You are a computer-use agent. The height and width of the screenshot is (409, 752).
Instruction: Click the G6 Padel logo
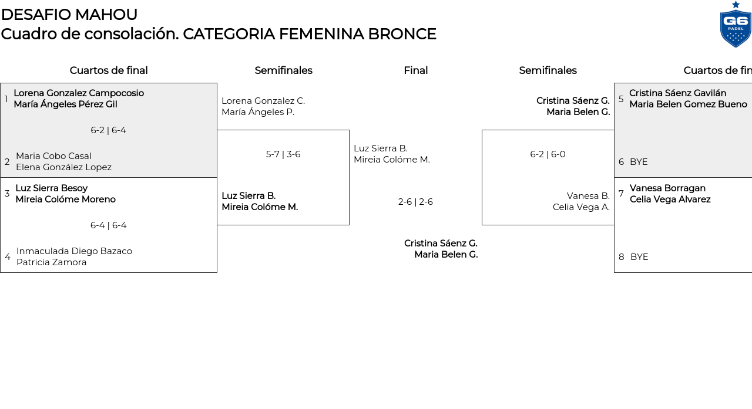pyautogui.click(x=736, y=25)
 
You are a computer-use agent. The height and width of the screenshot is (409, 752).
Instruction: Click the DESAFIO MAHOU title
pyautogui.click(x=69, y=15)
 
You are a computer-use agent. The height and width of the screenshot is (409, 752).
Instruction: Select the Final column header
pyautogui.click(x=415, y=70)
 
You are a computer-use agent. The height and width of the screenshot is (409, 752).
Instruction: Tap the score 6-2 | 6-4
pyautogui.click(x=108, y=130)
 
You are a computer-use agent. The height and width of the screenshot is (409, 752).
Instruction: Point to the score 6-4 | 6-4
pyautogui.click(x=108, y=225)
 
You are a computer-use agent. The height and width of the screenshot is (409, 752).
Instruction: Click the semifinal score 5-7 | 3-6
pyautogui.click(x=283, y=154)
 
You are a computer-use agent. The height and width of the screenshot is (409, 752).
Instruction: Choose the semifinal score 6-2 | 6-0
pyautogui.click(x=548, y=154)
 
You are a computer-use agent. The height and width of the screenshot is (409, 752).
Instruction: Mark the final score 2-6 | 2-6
pyautogui.click(x=415, y=202)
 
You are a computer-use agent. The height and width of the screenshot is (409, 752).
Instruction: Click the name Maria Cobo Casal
pyautogui.click(x=53, y=156)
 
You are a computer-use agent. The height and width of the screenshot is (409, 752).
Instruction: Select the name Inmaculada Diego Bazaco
pyautogui.click(x=74, y=251)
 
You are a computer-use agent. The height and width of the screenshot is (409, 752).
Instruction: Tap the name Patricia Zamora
pyautogui.click(x=51, y=262)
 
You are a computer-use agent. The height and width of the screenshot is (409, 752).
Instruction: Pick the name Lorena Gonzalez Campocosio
pyautogui.click(x=79, y=93)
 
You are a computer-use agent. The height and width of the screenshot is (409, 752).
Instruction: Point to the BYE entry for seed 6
pyautogui.click(x=639, y=162)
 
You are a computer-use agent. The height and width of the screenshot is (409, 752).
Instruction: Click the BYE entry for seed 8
pyautogui.click(x=639, y=257)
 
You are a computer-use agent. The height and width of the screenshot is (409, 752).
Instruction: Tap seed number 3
pyautogui.click(x=7, y=194)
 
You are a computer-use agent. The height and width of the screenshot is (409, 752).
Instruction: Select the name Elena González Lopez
pyautogui.click(x=63, y=167)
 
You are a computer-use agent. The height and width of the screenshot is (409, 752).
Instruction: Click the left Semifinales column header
pyautogui.click(x=283, y=70)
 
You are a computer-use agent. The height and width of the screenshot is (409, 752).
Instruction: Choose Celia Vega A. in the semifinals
pyautogui.click(x=581, y=207)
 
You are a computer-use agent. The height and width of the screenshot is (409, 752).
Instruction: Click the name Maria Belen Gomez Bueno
pyautogui.click(x=688, y=104)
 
